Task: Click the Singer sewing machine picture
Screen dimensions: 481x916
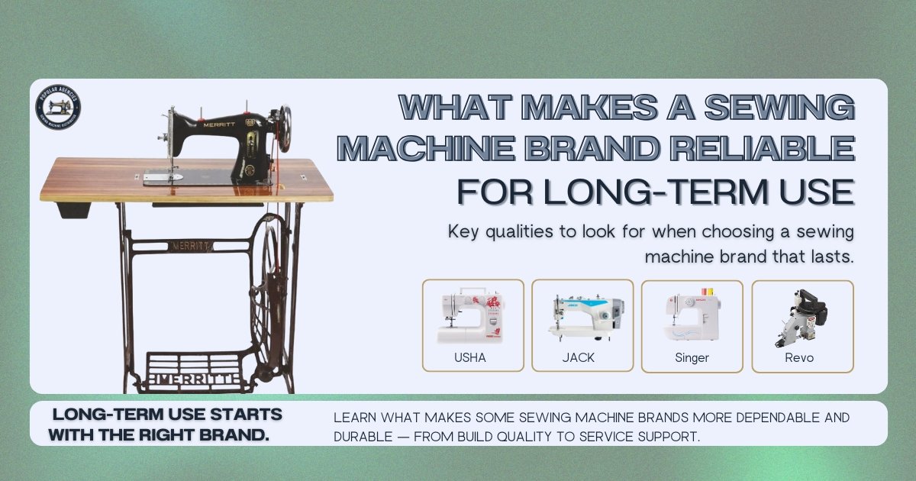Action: click(x=691, y=317)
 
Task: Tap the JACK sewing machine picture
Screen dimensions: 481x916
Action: click(x=584, y=315)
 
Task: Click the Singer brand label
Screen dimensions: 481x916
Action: click(x=692, y=357)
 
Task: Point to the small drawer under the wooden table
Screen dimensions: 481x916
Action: click(x=74, y=208)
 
